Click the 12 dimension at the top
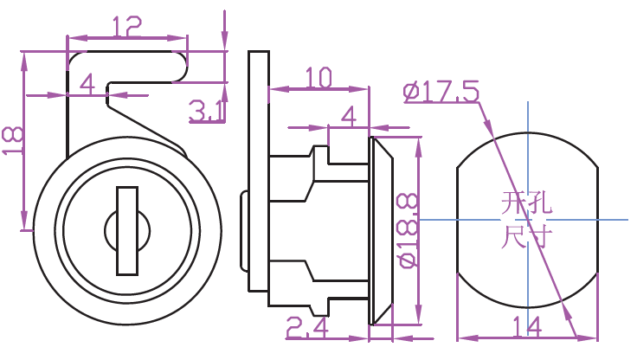pyautogui.click(x=126, y=28)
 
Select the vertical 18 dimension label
pyautogui.click(x=13, y=140)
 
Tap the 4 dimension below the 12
pyautogui.click(x=87, y=84)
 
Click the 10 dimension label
pyautogui.click(x=318, y=79)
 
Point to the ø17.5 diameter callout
pyautogui.click(x=441, y=91)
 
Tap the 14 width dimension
pyautogui.click(x=525, y=327)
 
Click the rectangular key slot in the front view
pyautogui.click(x=126, y=230)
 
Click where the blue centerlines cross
pyautogui.click(x=526, y=220)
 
